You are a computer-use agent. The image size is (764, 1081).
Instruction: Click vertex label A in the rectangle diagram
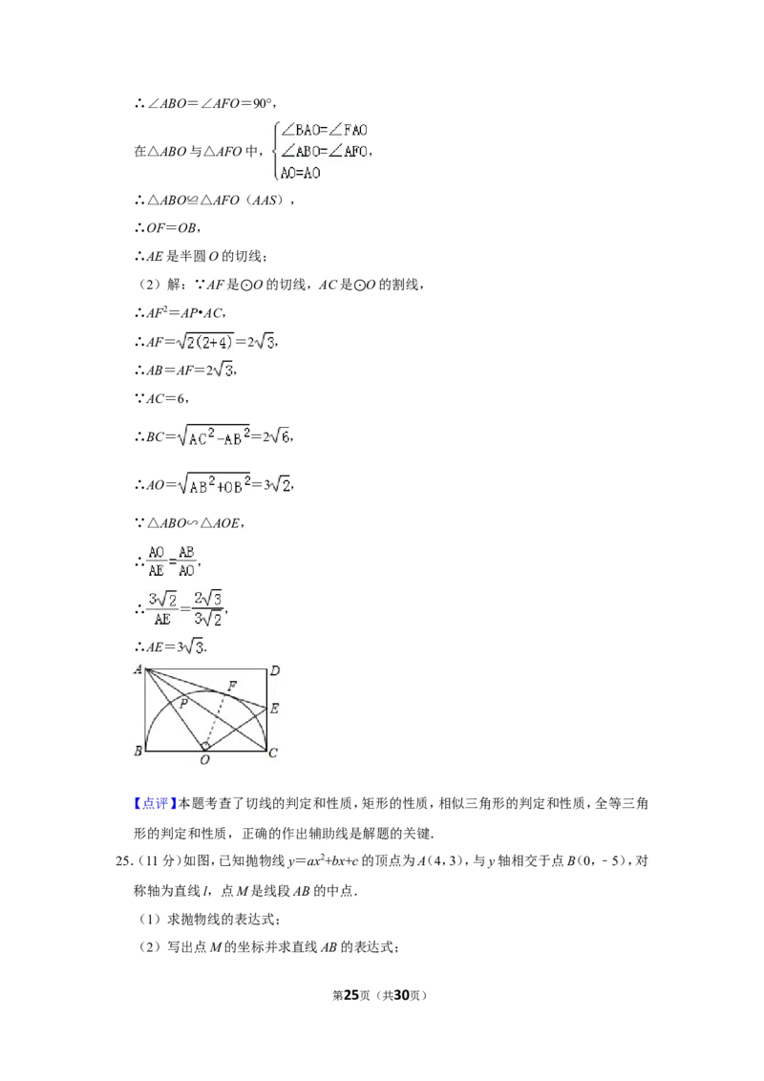(x=138, y=668)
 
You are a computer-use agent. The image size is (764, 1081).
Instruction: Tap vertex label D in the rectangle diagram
(x=274, y=670)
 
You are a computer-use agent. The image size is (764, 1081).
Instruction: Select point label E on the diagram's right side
(x=274, y=708)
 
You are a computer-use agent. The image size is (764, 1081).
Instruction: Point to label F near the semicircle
(x=232, y=686)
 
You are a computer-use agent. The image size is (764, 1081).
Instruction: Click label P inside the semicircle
(x=183, y=703)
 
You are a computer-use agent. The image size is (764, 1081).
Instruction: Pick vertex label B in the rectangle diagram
(x=138, y=751)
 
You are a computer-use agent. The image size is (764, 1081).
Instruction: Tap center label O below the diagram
(x=204, y=760)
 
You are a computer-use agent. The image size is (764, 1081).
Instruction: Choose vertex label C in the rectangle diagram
(x=273, y=752)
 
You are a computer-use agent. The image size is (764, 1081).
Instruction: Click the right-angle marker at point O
(x=204, y=746)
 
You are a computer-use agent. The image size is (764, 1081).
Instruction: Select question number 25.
(x=123, y=861)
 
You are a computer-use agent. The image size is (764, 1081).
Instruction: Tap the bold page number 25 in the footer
(x=351, y=995)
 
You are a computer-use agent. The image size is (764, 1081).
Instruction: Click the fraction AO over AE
(x=157, y=562)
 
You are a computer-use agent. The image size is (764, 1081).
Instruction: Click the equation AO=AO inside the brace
(x=300, y=173)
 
